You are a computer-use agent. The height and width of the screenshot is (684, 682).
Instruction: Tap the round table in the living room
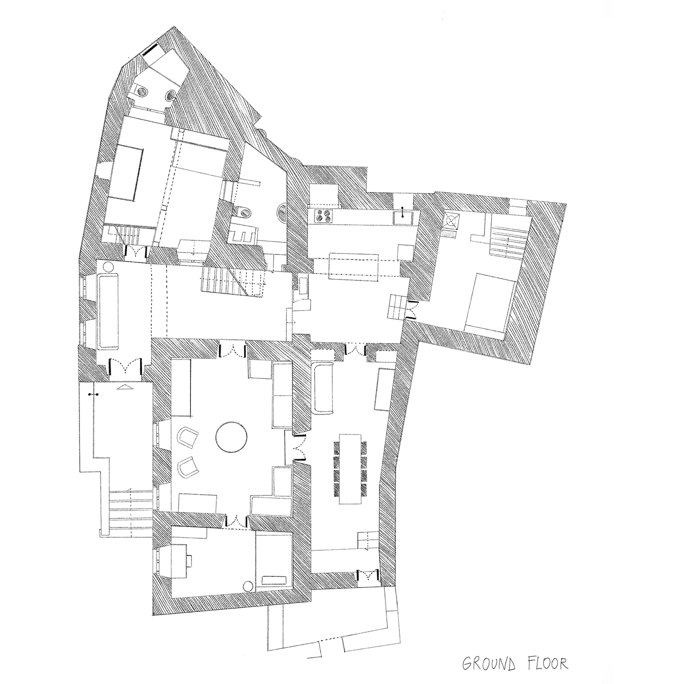[x=231, y=437]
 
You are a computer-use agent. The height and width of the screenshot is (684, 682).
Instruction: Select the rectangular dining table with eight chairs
[x=350, y=469]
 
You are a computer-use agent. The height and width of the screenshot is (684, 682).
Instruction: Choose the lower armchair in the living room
[x=188, y=467]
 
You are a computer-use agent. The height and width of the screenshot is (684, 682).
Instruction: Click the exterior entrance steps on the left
[x=131, y=511]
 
